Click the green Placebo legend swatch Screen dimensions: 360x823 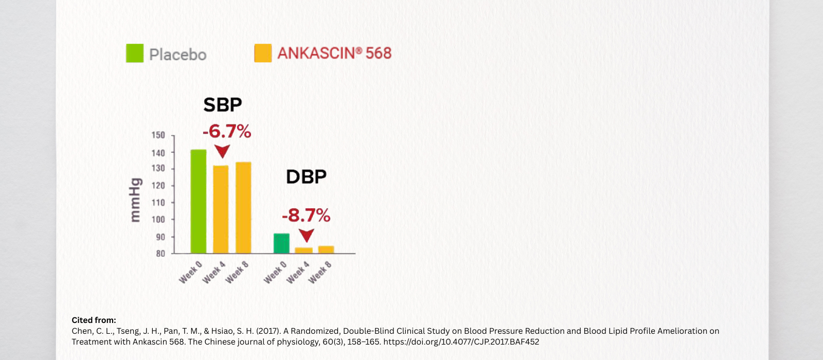(x=135, y=53)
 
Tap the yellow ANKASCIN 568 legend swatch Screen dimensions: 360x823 (x=263, y=53)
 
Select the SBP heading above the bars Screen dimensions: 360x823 (x=223, y=105)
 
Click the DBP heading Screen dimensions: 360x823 (x=306, y=177)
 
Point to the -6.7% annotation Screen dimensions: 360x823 (x=227, y=132)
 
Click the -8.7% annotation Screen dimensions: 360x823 (x=306, y=215)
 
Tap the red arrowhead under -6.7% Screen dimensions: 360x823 (x=222, y=151)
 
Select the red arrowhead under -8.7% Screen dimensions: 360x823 (x=307, y=236)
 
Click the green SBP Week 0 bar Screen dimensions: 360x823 (x=199, y=202)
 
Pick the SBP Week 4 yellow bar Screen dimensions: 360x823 (x=221, y=209)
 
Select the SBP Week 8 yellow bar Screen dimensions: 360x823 (x=243, y=208)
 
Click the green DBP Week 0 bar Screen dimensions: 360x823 (x=281, y=243)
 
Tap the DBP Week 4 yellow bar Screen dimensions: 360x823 (x=303, y=250)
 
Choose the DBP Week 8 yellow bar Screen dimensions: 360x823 (x=326, y=249)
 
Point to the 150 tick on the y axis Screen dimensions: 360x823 (x=158, y=135)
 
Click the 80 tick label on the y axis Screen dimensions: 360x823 (x=160, y=254)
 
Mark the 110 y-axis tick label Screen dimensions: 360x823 (x=158, y=203)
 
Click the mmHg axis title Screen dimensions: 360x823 (x=135, y=200)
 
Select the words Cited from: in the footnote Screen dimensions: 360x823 (x=94, y=320)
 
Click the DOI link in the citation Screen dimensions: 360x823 (x=461, y=342)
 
